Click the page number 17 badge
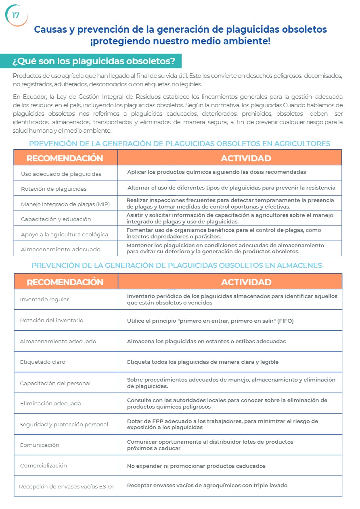click(16, 15)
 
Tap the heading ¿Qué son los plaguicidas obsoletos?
click(93, 61)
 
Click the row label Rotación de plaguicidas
click(54, 189)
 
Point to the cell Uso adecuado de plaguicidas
click(61, 174)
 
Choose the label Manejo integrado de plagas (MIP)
click(65, 204)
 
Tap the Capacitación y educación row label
click(56, 219)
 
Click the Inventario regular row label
click(44, 299)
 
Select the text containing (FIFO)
click(210, 321)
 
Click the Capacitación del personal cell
click(55, 383)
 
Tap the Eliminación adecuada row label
click(50, 403)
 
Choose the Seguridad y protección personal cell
click(64, 424)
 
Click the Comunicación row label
click(40, 445)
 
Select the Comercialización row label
click(44, 465)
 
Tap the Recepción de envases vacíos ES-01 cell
click(66, 486)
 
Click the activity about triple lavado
click(207, 485)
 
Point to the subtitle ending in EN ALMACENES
click(177, 265)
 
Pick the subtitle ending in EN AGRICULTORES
click(180, 144)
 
